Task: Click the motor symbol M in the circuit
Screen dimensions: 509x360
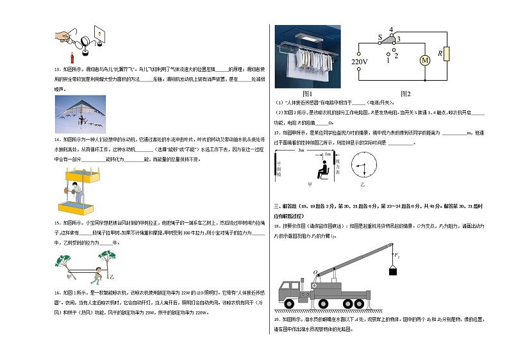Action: tap(424, 61)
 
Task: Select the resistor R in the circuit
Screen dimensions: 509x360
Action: tap(447, 54)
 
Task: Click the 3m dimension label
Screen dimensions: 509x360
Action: tap(301, 150)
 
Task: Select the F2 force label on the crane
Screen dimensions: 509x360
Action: tap(398, 256)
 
